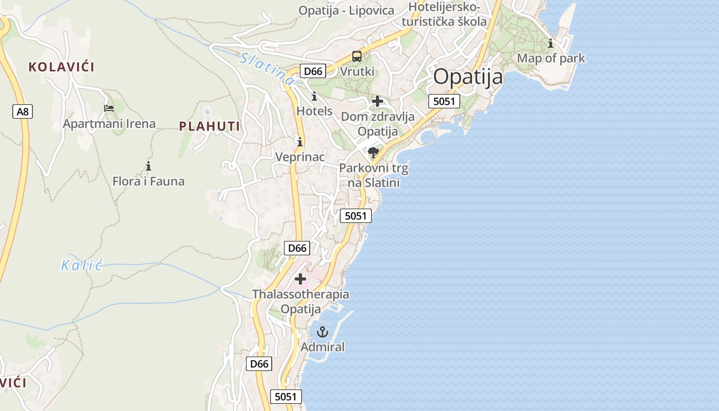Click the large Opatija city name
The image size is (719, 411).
pyautogui.click(x=468, y=77)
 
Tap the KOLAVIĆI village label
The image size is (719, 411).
pyautogui.click(x=62, y=67)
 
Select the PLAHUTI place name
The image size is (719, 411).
pyautogui.click(x=210, y=126)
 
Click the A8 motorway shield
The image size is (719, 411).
pyautogui.click(x=23, y=111)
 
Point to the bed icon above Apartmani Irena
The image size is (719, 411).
pyautogui.click(x=109, y=108)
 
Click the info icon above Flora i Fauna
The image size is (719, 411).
pyautogui.click(x=148, y=166)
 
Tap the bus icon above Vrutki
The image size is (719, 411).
pyautogui.click(x=357, y=57)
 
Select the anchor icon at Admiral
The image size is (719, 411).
pyautogui.click(x=323, y=332)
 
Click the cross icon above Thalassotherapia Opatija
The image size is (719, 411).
pyautogui.click(x=300, y=279)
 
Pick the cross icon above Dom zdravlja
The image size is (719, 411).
pyautogui.click(x=377, y=101)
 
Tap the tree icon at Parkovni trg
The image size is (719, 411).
pyautogui.click(x=373, y=153)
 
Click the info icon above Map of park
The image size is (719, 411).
pyautogui.click(x=551, y=43)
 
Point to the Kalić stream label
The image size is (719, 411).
pyautogui.click(x=82, y=266)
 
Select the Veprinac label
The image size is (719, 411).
pyautogui.click(x=300, y=157)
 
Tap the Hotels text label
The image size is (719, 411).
pyautogui.click(x=314, y=111)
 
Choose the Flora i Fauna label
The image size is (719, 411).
pyautogui.click(x=148, y=181)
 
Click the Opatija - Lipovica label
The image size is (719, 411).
pyautogui.click(x=346, y=10)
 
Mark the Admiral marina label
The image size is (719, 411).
pyautogui.click(x=323, y=347)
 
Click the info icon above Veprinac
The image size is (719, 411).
pyautogui.click(x=300, y=142)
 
